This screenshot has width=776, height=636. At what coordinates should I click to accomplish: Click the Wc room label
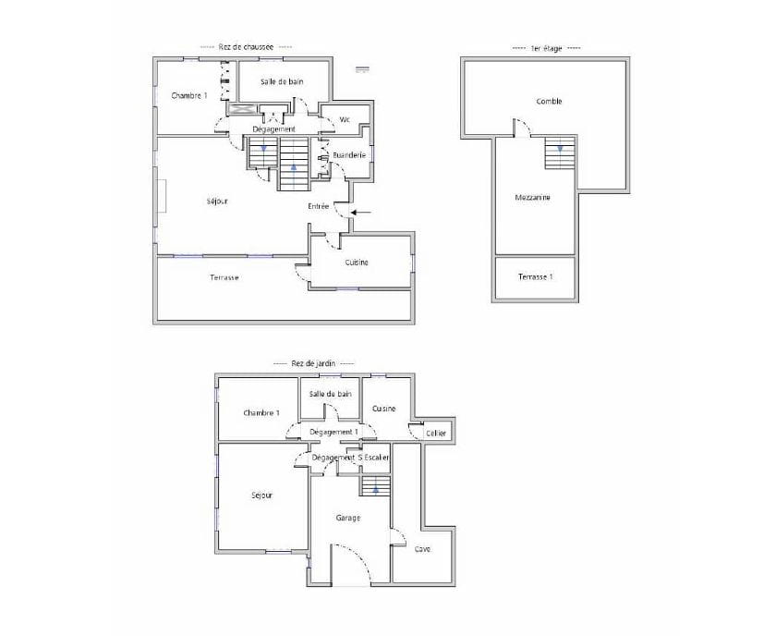[345, 119]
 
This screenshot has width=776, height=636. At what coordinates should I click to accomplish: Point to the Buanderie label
[351, 154]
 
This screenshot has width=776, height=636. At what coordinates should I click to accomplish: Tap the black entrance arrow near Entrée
[362, 214]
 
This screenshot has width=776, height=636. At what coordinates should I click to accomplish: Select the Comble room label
[549, 102]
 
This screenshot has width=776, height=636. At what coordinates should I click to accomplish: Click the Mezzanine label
[532, 197]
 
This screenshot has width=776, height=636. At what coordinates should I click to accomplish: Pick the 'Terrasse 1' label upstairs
[535, 277]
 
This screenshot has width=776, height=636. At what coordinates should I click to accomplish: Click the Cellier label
[436, 433]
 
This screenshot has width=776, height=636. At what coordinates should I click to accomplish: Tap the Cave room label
[422, 548]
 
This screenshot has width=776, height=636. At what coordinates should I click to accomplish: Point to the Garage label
[348, 518]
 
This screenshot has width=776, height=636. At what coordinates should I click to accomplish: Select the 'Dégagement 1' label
[333, 432]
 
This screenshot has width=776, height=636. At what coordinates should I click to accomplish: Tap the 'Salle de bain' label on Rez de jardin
[331, 394]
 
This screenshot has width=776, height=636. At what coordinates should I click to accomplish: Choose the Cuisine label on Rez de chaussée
[357, 263]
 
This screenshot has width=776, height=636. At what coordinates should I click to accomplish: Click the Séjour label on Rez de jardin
[261, 495]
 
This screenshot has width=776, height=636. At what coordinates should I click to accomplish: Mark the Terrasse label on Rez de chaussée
[224, 277]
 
